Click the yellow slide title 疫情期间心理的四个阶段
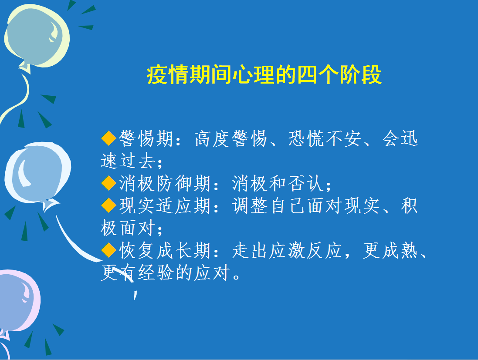coord(264,74)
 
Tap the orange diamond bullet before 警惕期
coord(108,138)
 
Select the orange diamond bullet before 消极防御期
coord(108,183)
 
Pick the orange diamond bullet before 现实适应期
coord(108,205)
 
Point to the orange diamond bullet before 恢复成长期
coord(108,250)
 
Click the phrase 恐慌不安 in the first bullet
coord(325,138)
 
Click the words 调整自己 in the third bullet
coord(268,205)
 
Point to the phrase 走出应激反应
coord(287,250)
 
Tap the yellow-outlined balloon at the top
coord(37,36)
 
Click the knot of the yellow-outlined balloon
coord(25,67)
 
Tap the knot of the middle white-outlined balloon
coord(49,204)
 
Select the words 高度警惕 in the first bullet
coord(231,138)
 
